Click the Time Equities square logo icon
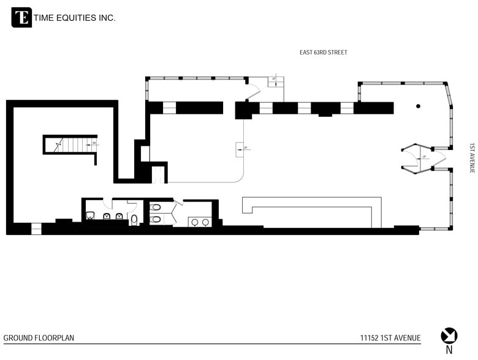point(21,18)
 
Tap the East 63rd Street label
point(323,53)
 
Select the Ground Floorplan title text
point(39,338)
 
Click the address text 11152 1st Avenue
point(390,338)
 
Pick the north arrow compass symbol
point(449,336)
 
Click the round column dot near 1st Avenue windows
point(418,107)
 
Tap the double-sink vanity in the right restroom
point(199,222)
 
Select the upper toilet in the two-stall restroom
point(156,208)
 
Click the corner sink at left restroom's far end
point(90,216)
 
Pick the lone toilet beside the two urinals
point(134,220)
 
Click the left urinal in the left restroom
point(106,216)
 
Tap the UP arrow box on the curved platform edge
point(240,148)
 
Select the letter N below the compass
point(449,351)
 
